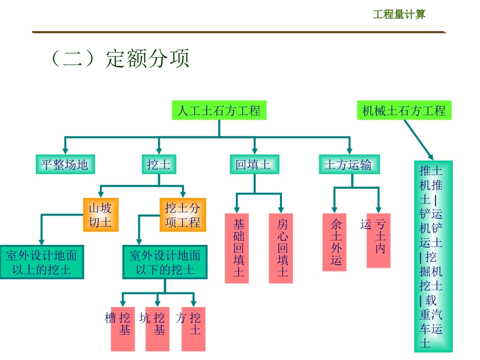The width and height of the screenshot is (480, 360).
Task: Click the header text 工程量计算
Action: point(399,14)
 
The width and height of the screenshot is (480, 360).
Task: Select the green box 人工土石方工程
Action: point(219,110)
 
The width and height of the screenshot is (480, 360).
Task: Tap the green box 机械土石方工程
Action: point(404,110)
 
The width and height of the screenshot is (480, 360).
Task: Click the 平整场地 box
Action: point(65,165)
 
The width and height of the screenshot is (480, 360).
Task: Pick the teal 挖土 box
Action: point(159,165)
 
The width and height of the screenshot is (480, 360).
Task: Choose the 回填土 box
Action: point(254,165)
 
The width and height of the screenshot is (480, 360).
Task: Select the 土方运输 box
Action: point(349,165)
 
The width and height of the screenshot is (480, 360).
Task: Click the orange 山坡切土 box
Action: point(101,215)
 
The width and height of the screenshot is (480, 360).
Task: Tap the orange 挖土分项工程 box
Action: point(183,215)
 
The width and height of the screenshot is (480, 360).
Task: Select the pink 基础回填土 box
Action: point(237,248)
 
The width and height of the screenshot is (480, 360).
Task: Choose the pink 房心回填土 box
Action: point(281,248)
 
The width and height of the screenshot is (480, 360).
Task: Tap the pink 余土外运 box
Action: point(334,242)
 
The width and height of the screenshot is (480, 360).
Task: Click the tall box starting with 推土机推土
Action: point(433,256)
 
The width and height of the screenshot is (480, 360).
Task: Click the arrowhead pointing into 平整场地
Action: point(64,151)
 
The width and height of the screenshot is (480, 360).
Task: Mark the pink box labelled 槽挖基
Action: point(123,329)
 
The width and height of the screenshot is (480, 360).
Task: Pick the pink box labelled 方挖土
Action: point(194,329)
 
